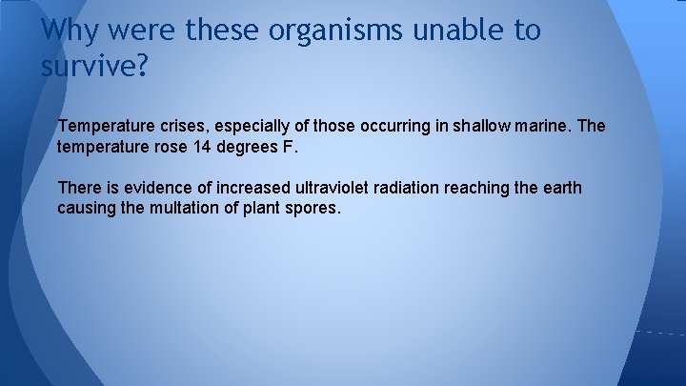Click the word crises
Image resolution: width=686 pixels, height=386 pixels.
pyautogui.click(x=169, y=127)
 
